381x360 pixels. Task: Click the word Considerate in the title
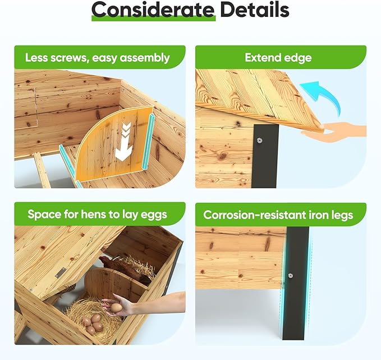(x=153, y=10)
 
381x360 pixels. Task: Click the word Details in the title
(x=255, y=10)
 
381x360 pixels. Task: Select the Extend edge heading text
(x=278, y=58)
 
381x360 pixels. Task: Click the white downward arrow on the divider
(x=123, y=142)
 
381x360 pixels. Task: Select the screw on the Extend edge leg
(x=260, y=140)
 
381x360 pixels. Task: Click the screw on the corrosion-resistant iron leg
(x=290, y=276)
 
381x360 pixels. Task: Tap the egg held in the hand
(x=116, y=308)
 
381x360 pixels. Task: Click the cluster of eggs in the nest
(x=93, y=323)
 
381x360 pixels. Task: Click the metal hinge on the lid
(x=60, y=272)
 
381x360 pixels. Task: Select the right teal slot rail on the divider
(x=148, y=142)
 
